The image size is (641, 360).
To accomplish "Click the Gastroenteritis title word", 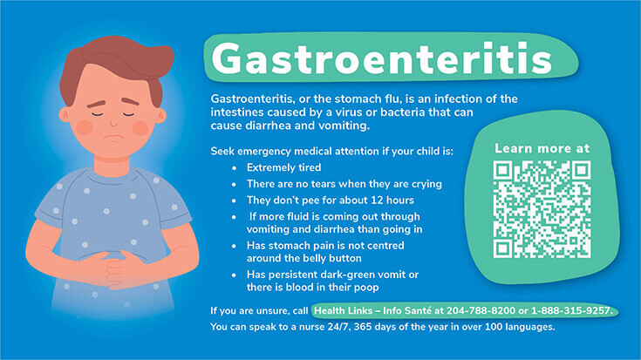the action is [x=382, y=59].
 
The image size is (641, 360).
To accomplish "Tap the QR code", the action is [x=542, y=209].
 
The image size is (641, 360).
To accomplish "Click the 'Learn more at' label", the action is [x=542, y=148].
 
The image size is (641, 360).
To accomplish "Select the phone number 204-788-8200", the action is [x=481, y=311].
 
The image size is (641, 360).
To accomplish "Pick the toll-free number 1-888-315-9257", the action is [x=571, y=311].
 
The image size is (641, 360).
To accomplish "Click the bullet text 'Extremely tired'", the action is [x=283, y=167].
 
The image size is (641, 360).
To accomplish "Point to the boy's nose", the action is [x=113, y=121].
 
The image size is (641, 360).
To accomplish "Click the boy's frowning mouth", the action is [x=113, y=137].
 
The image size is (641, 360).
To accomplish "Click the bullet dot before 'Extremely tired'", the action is [x=235, y=168].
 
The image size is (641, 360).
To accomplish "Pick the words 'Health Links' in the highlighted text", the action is [x=343, y=311].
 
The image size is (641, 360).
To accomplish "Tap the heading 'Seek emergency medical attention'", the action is [x=295, y=151].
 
